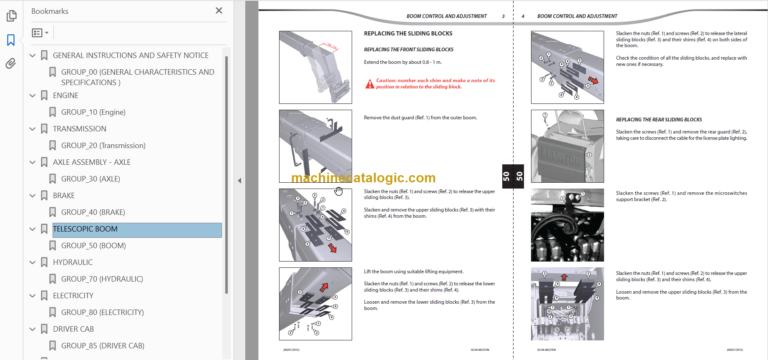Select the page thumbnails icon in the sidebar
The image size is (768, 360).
pos(11,17)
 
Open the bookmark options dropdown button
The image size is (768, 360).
pos(40,33)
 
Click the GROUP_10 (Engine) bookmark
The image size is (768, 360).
pos(95,112)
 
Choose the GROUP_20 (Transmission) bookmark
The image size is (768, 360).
pos(109,145)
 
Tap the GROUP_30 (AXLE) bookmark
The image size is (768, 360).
pos(90,179)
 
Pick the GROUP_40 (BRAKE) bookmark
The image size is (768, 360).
pos(93,212)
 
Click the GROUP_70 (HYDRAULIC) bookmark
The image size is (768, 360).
pos(104,279)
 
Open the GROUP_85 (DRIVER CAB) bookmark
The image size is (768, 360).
pos(103,345)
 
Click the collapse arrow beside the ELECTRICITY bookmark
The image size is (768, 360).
pos(32,296)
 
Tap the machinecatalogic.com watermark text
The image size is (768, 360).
pos(364,177)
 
